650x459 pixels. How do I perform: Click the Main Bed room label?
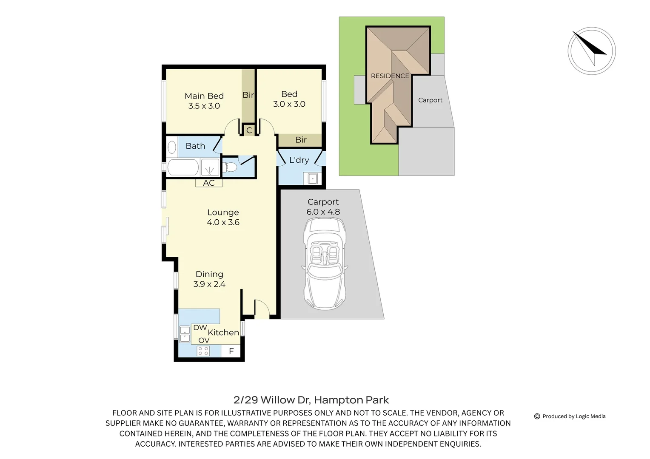point(204,96)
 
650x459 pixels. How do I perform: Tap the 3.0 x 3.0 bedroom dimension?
point(289,104)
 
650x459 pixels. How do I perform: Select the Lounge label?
point(223,212)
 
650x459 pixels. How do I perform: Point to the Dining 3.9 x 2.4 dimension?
point(209,284)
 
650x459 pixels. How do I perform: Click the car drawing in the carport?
point(325,263)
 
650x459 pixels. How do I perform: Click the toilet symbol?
point(230,167)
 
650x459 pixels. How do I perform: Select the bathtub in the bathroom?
point(183,167)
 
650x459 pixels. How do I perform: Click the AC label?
point(208,183)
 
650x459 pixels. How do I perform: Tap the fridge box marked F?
point(231,351)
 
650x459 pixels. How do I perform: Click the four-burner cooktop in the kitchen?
point(203,351)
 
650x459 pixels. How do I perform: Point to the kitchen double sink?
point(185,334)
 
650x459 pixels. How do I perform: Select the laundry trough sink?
point(313,178)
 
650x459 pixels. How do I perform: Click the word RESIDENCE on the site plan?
point(390,76)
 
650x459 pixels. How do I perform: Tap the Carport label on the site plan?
point(430,100)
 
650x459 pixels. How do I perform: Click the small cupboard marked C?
point(249,130)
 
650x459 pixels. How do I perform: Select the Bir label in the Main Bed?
point(248,95)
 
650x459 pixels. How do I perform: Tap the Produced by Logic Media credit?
point(570,416)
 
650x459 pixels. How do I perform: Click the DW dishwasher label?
point(200,328)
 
